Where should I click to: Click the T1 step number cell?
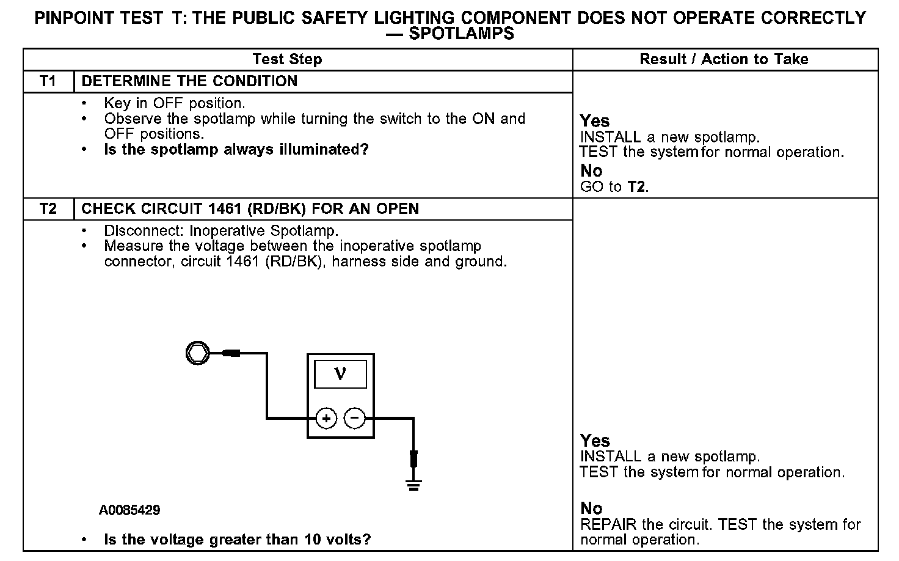coord(48,81)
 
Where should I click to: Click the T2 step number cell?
coord(48,209)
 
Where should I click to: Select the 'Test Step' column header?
coord(287,59)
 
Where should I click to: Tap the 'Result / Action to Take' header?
coord(724,59)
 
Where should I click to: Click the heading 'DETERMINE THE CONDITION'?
coord(189,81)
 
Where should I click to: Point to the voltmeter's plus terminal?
coord(327,419)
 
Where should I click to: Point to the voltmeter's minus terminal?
coord(355,419)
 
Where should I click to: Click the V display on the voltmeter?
coord(340,374)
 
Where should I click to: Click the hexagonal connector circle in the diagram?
coord(197,353)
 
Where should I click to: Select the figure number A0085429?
coord(129,510)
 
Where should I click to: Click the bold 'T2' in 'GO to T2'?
coord(636,186)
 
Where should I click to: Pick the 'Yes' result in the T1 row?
coord(595,121)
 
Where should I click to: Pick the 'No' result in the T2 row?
coord(591,508)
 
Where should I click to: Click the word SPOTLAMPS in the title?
coord(461,34)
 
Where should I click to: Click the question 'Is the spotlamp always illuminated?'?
coord(236,149)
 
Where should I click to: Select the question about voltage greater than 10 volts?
coord(238,540)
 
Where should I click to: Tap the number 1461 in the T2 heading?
coord(226,209)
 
